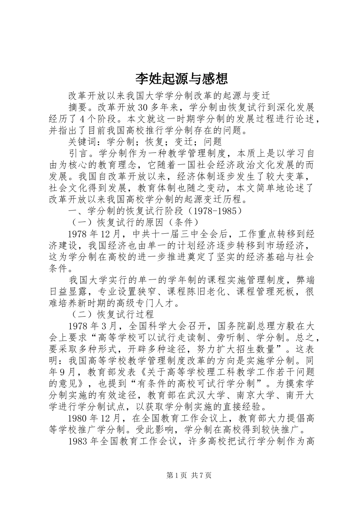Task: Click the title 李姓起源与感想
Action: coord(182,78)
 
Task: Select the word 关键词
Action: coord(83,142)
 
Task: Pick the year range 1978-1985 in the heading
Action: coord(216,211)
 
